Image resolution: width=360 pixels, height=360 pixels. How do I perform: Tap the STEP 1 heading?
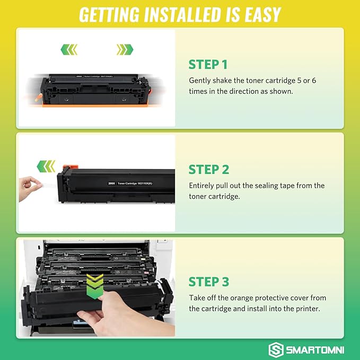click(208, 65)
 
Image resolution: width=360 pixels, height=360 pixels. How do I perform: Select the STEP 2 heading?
click(208, 170)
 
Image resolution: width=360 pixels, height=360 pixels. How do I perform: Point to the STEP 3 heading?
click(208, 281)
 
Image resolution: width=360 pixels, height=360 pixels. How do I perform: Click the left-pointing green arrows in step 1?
click(69, 50)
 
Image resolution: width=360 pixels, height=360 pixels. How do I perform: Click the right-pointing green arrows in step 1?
click(125, 50)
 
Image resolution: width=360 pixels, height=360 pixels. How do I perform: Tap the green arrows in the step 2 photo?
click(46, 166)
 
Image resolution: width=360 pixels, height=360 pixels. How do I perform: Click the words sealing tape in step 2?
click(294, 186)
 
